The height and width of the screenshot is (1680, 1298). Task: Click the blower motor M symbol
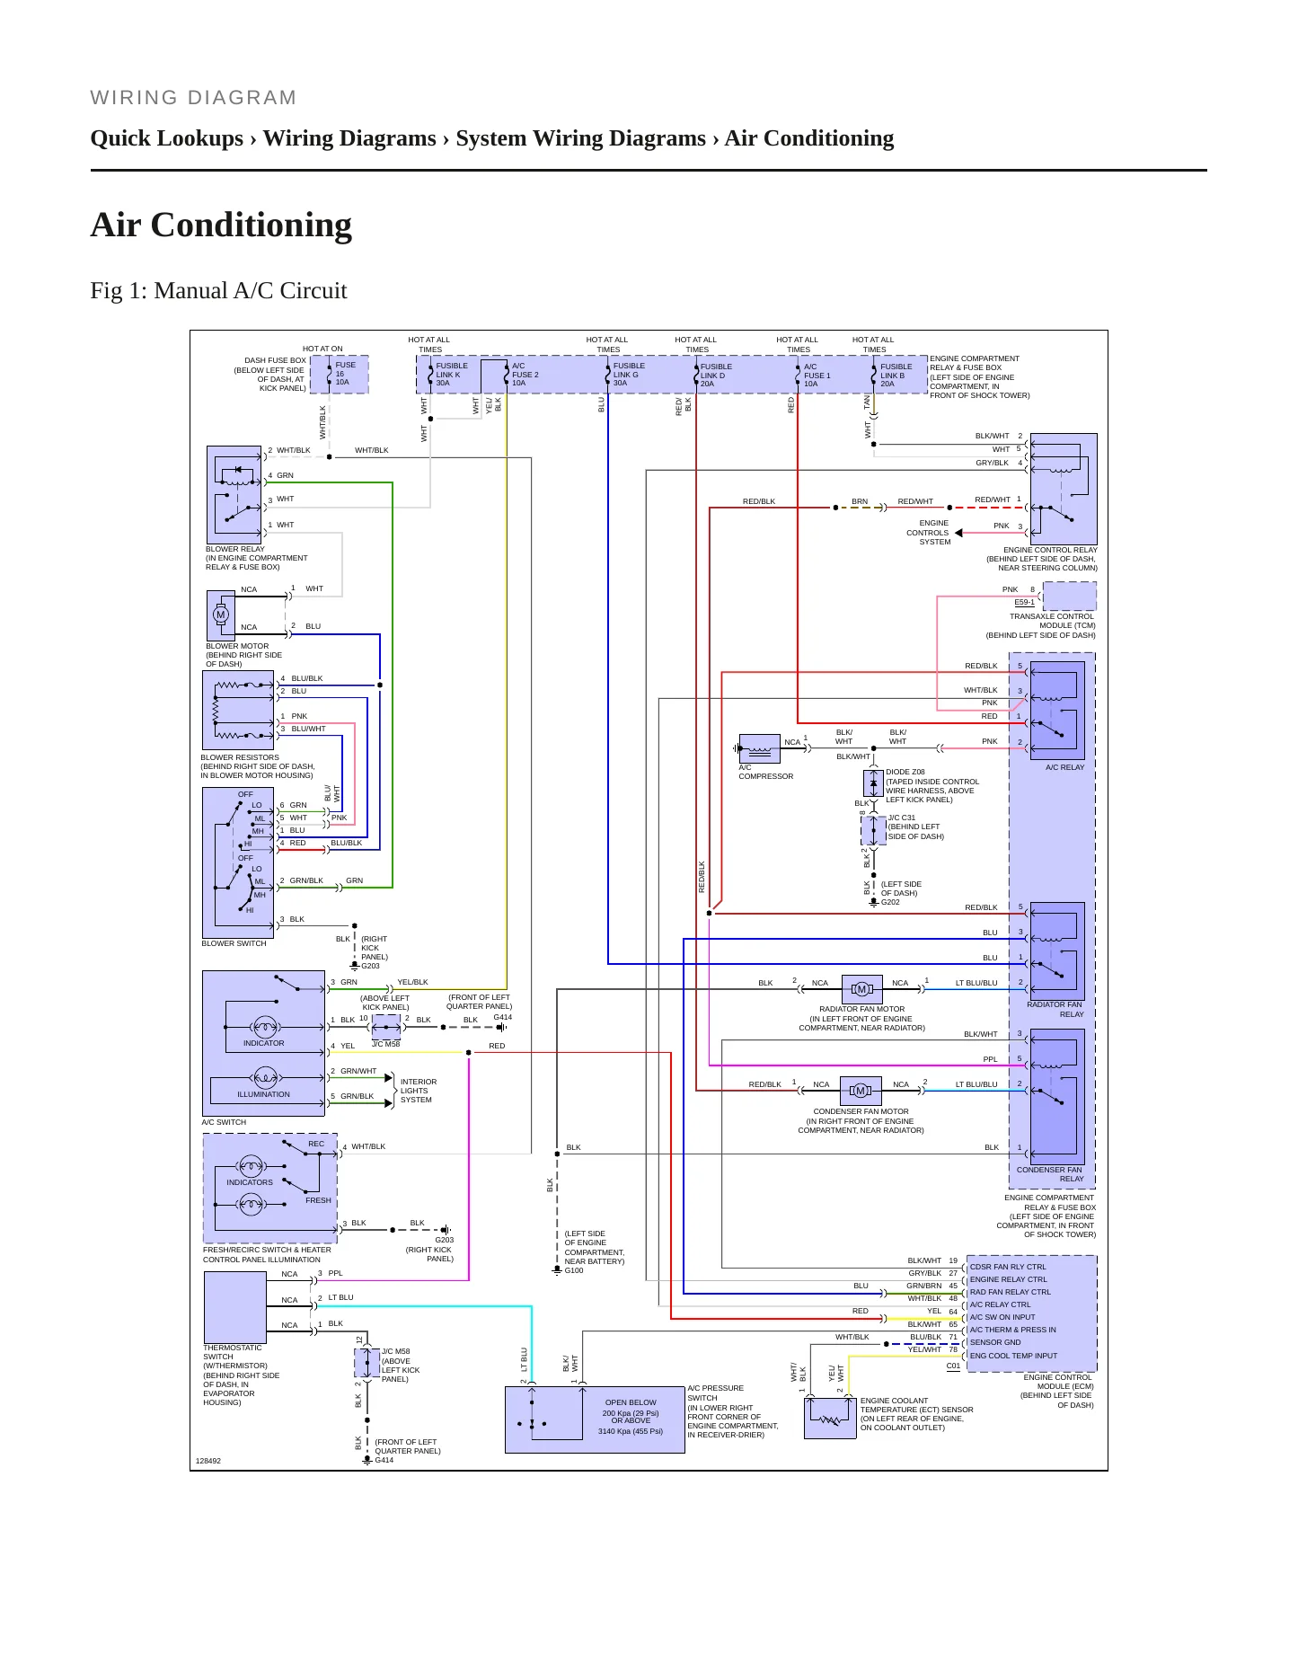coord(221,615)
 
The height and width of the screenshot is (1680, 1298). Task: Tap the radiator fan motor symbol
coord(861,989)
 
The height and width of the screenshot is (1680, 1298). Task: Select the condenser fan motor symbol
coord(861,1091)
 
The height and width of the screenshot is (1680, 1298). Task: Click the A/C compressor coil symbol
coord(758,747)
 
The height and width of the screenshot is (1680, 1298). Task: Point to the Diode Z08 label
coord(905,772)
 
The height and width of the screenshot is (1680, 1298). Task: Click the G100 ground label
coord(574,1270)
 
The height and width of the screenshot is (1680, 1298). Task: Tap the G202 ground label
coord(890,902)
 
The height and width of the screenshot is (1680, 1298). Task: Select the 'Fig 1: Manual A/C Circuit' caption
coord(218,290)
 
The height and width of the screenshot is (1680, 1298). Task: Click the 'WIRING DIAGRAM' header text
coord(193,98)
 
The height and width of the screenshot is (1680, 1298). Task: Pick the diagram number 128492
coord(208,1461)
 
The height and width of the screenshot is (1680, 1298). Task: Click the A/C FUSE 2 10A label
coord(525,375)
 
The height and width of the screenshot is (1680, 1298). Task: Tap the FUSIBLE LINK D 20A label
coord(716,375)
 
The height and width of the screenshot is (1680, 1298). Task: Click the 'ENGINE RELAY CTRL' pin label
coord(1009,1279)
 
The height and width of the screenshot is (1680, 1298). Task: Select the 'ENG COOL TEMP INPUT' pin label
coord(1014,1356)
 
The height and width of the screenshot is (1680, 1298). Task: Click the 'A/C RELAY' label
coord(1064,767)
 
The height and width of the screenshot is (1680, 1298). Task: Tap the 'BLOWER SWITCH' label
coord(234,943)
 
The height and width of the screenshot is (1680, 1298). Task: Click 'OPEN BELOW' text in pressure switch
coord(631,1402)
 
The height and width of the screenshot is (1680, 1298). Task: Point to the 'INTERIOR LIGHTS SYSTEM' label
coord(419,1091)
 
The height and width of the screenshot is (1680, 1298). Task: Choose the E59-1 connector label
coord(1024,602)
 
